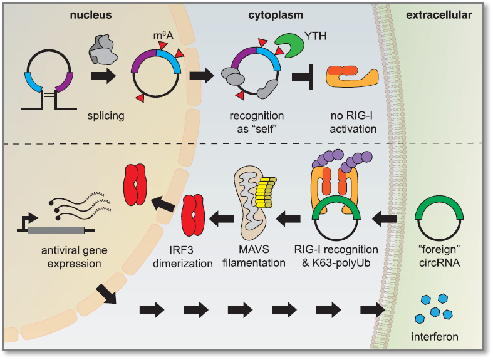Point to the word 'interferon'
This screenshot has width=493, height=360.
coord(435,337)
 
